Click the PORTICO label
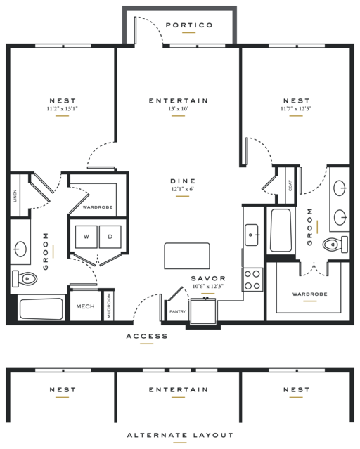(x=189, y=25)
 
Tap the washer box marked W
(x=86, y=237)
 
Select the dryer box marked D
(x=110, y=237)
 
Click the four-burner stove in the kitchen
(x=252, y=280)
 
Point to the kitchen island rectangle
(x=187, y=256)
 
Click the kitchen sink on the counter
(x=252, y=235)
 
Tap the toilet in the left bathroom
(x=25, y=278)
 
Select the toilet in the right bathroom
(x=335, y=245)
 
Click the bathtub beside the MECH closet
(x=41, y=309)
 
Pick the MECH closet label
(x=85, y=306)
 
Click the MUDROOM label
(x=109, y=306)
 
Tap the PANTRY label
(x=178, y=311)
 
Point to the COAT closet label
(x=290, y=186)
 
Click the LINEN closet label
(x=15, y=195)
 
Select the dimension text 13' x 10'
(x=179, y=109)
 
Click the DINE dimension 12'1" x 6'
(x=183, y=189)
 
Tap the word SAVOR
(x=208, y=278)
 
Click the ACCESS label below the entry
(x=147, y=336)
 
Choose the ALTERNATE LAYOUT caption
(x=180, y=435)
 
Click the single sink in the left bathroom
(x=20, y=249)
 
